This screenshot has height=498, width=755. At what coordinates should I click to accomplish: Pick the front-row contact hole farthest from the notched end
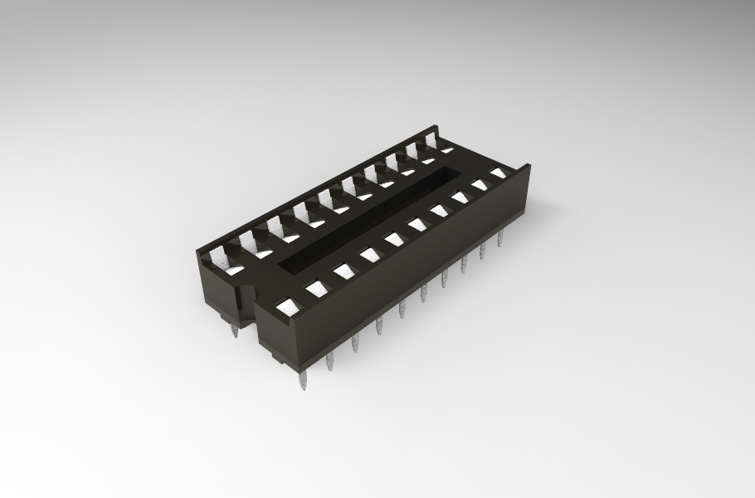[x=498, y=173]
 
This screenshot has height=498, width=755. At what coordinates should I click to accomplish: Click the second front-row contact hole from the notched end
[x=317, y=288]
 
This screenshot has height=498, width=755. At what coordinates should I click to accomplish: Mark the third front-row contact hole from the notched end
[x=343, y=271]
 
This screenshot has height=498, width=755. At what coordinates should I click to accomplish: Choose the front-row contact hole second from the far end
[x=480, y=185]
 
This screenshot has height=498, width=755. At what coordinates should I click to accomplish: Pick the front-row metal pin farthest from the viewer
[x=499, y=240]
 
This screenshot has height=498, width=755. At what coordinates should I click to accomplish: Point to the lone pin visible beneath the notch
[x=235, y=331]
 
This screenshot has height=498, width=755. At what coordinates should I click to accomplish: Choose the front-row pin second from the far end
[x=482, y=252]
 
